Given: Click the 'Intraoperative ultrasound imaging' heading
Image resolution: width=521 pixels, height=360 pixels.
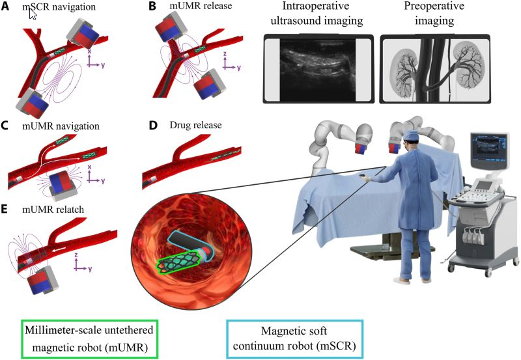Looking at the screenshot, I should coord(315,16).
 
